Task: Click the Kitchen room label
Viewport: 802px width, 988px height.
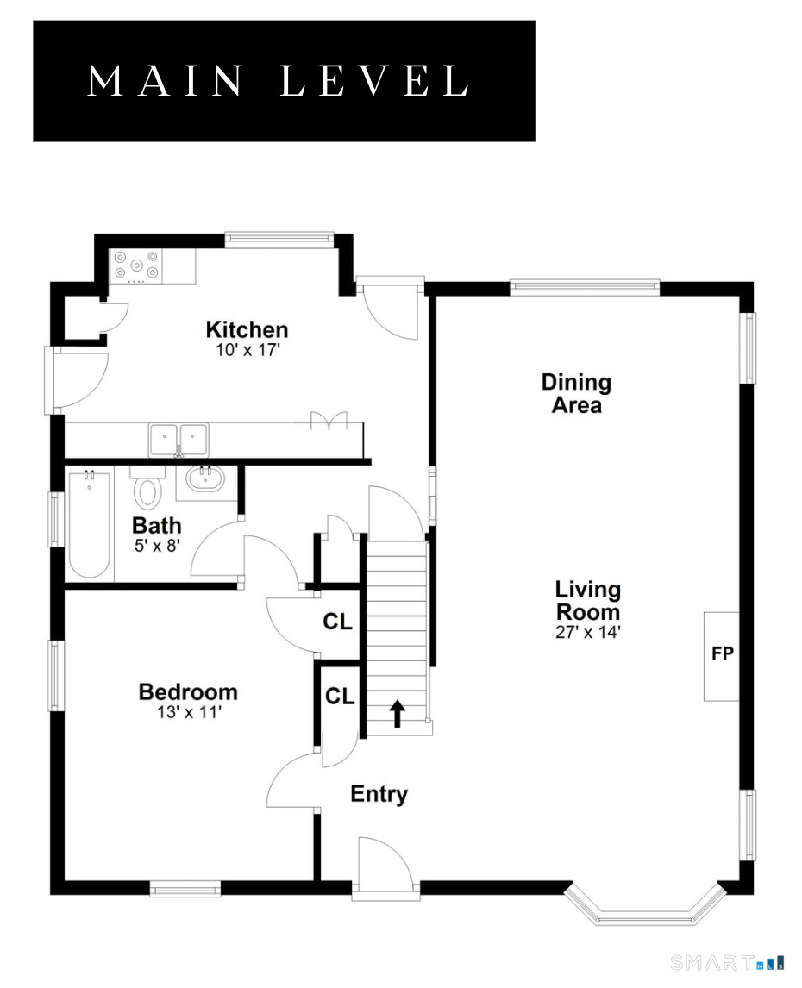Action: (x=247, y=329)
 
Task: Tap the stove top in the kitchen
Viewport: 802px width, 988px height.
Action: (x=135, y=266)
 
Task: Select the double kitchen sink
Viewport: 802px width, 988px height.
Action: (x=179, y=439)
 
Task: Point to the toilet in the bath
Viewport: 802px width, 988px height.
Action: (x=147, y=487)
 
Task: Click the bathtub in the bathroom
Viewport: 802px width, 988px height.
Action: (x=90, y=524)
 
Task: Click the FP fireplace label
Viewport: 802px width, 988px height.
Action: (x=722, y=653)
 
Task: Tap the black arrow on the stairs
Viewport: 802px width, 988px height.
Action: (x=397, y=713)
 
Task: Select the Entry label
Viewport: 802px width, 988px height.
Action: (x=379, y=794)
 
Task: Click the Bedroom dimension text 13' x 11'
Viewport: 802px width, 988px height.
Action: (x=189, y=712)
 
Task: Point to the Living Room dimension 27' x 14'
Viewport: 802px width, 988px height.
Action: (x=587, y=632)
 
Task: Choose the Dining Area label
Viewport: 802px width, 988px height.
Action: (x=576, y=393)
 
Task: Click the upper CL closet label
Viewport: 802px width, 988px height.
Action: (x=337, y=622)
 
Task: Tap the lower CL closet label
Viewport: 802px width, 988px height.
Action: (x=340, y=697)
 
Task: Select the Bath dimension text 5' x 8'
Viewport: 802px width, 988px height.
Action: (x=157, y=546)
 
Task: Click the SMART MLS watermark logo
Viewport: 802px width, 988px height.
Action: (x=727, y=962)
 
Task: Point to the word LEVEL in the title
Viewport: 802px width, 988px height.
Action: (x=374, y=81)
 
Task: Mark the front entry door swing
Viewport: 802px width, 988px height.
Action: (x=385, y=862)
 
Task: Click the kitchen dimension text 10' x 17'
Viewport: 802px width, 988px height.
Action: (x=247, y=350)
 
